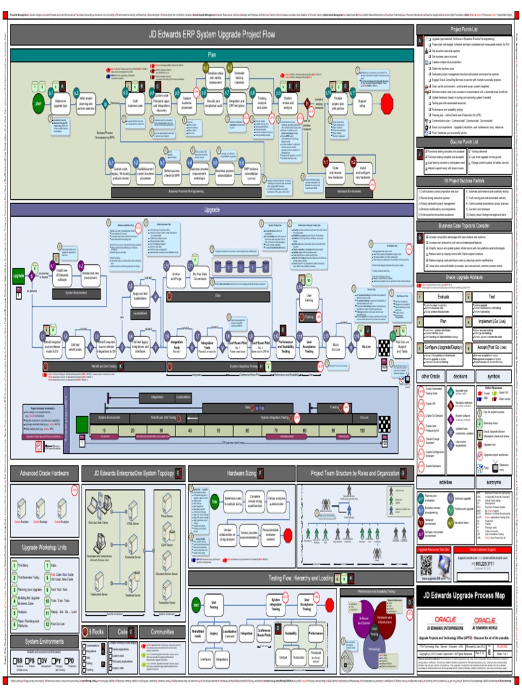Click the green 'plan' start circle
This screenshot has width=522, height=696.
(x=39, y=105)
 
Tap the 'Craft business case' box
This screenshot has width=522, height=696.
(x=135, y=104)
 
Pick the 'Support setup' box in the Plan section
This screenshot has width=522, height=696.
(x=362, y=104)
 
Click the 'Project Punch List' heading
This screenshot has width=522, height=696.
(x=464, y=29)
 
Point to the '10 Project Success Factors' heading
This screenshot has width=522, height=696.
(x=464, y=181)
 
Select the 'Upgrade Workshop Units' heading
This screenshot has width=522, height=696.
(x=44, y=547)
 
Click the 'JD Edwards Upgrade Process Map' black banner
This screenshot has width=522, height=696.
(x=464, y=595)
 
